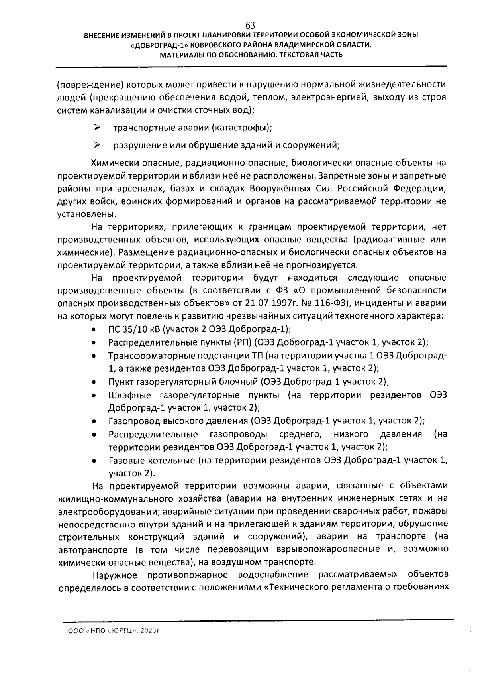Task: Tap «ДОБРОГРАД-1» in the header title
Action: pos(157,45)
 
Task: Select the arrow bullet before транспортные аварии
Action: pos(97,128)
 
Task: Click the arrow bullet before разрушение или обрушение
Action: pos(97,145)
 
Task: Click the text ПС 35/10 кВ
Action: pos(134,329)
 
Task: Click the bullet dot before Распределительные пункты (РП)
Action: pos(93,343)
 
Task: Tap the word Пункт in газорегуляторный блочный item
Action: pos(121,382)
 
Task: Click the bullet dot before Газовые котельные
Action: pos(93,461)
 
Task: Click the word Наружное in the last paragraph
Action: pos(115,575)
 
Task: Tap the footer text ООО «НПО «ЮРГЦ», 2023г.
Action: pos(116,631)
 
